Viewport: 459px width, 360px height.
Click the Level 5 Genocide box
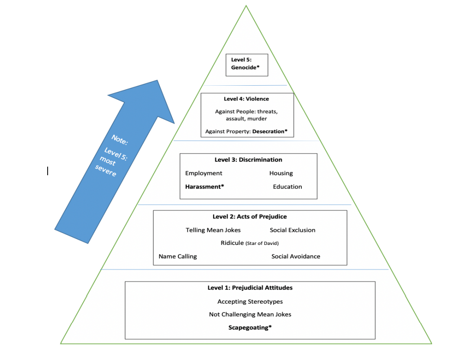pyautogui.click(x=247, y=64)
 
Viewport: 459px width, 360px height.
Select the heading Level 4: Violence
pyautogui.click(x=246, y=99)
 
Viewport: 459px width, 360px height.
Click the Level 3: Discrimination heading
pyautogui.click(x=248, y=160)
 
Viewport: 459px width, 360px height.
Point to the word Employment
pyautogui.click(x=204, y=173)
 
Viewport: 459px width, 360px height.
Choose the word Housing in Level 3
pyautogui.click(x=281, y=173)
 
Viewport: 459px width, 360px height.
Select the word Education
pyautogui.click(x=287, y=186)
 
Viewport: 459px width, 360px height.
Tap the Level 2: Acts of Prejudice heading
pyautogui.click(x=249, y=216)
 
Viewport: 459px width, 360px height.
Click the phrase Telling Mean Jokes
pyautogui.click(x=213, y=230)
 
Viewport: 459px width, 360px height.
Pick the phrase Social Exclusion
pyautogui.click(x=292, y=230)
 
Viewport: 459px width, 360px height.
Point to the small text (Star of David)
pyautogui.click(x=262, y=244)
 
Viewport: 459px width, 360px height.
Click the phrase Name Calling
pyautogui.click(x=178, y=256)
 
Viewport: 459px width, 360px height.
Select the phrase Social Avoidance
pyautogui.click(x=296, y=256)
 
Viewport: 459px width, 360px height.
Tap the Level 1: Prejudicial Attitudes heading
pyautogui.click(x=250, y=288)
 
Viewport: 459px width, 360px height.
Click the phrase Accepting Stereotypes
pyautogui.click(x=250, y=302)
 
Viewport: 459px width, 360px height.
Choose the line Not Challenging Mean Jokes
pyautogui.click(x=250, y=315)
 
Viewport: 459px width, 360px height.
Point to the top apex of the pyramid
pyautogui.click(x=246, y=6)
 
